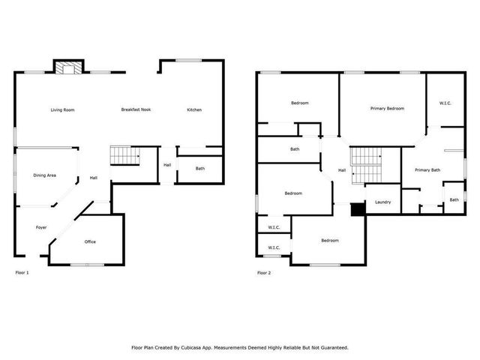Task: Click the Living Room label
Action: point(62,110)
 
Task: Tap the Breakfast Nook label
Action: point(136,110)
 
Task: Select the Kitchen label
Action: point(194,110)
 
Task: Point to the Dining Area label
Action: point(45,175)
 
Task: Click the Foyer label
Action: point(41,227)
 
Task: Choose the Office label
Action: point(90,241)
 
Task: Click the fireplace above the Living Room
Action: point(67,68)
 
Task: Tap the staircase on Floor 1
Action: point(125,156)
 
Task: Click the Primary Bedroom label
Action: point(387,109)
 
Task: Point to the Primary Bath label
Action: point(427,170)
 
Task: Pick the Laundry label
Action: point(382,202)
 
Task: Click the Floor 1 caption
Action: point(22,272)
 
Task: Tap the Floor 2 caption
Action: point(264,272)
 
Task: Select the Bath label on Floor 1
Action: point(200,169)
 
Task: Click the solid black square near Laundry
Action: point(358,209)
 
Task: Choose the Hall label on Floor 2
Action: point(342,170)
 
